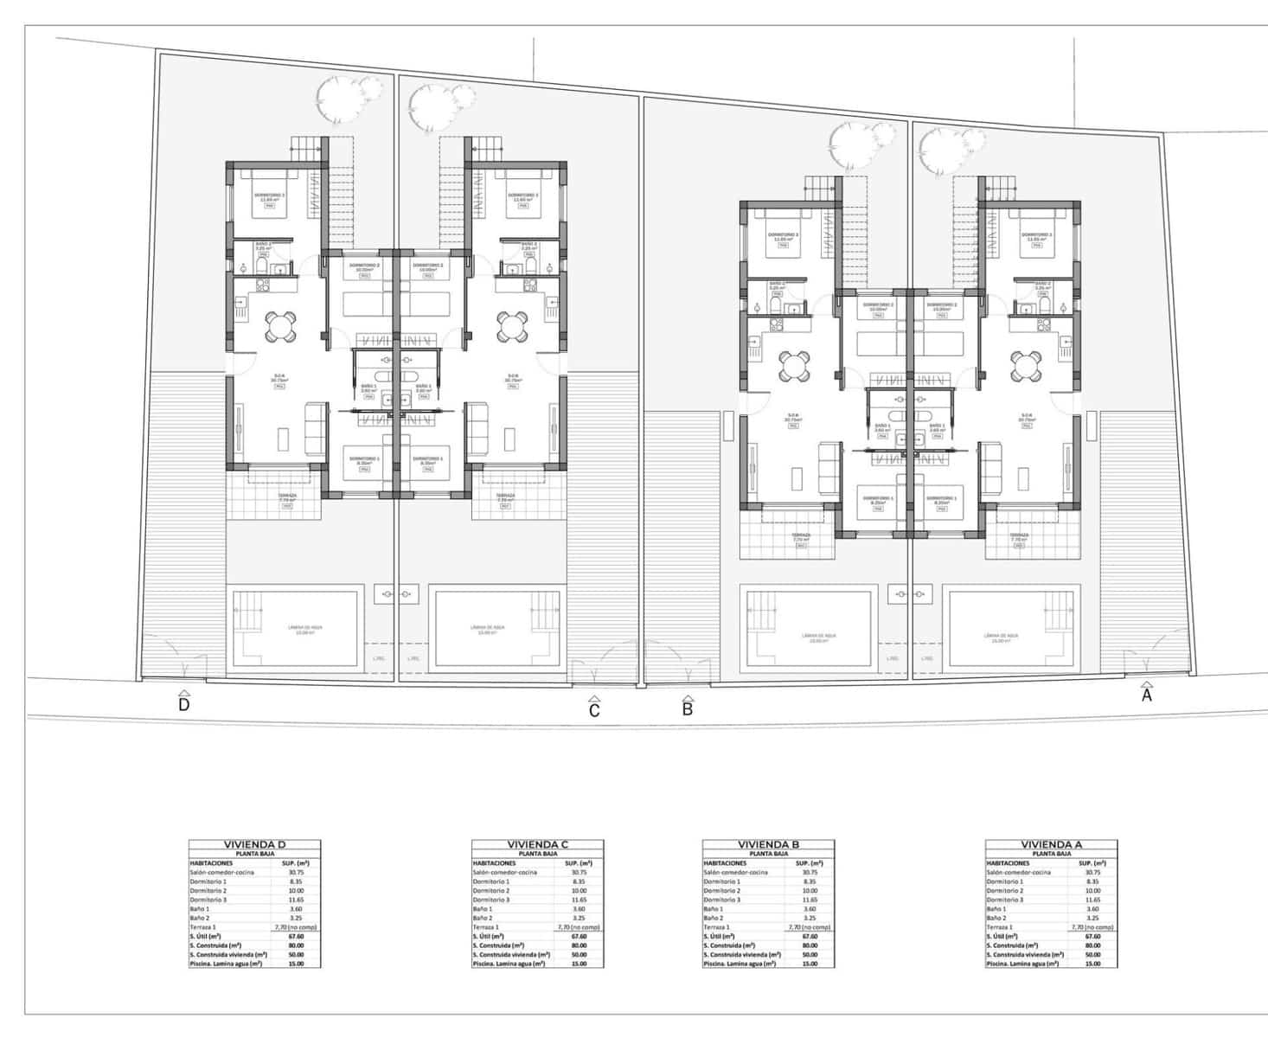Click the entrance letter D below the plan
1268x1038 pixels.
(x=183, y=704)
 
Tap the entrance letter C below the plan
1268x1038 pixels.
(x=594, y=710)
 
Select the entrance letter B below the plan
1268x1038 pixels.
(x=688, y=709)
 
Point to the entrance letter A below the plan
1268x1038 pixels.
(x=1147, y=695)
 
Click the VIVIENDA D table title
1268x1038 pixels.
(x=254, y=844)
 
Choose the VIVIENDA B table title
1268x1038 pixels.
(x=768, y=844)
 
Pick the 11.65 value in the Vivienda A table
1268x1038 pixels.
(x=1092, y=900)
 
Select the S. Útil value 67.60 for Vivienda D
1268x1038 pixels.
(x=296, y=936)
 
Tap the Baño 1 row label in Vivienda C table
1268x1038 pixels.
(x=483, y=909)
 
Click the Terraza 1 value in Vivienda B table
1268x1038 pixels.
(x=810, y=927)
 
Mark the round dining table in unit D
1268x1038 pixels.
(x=279, y=326)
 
